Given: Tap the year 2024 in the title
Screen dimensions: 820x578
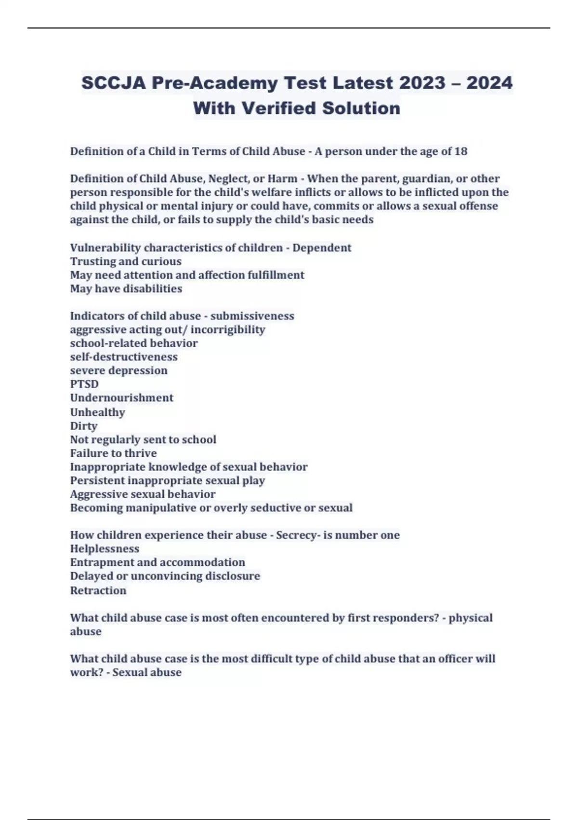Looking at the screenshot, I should pyautogui.click(x=489, y=83).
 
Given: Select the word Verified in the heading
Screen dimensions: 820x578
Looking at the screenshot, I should pyautogui.click(x=278, y=108).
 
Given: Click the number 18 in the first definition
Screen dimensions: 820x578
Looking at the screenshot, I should pyautogui.click(x=460, y=151).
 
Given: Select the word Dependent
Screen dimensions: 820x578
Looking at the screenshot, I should pyautogui.click(x=322, y=248).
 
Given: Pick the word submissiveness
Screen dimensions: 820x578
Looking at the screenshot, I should pyautogui.click(x=252, y=316).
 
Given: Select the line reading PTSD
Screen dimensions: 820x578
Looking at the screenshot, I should pyautogui.click(x=84, y=384).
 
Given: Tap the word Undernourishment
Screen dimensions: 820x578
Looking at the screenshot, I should pyautogui.click(x=121, y=398).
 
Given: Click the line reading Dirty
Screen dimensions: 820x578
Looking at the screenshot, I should pyautogui.click(x=84, y=426).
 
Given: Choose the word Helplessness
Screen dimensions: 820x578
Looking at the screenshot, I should pyautogui.click(x=105, y=549).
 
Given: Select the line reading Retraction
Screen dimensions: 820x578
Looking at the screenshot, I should pyautogui.click(x=98, y=590).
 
